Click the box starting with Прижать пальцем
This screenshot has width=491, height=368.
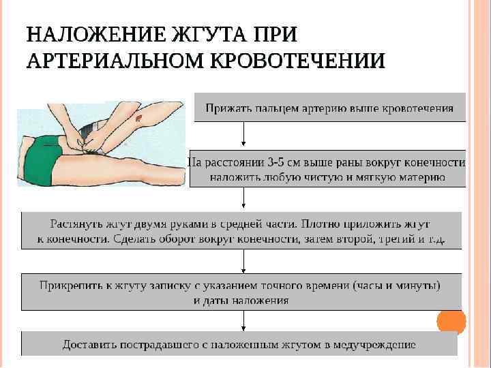click(x=330, y=107)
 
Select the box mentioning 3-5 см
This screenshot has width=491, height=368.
click(x=327, y=169)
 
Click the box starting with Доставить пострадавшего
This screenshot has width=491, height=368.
click(x=239, y=343)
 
